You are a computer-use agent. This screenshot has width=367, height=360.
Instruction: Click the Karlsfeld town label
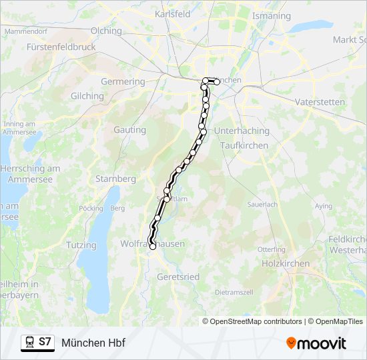173,13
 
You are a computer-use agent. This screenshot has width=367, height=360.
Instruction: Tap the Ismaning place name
272,15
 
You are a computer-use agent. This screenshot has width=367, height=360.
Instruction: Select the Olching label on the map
106,31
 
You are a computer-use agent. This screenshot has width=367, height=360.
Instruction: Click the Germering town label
123,81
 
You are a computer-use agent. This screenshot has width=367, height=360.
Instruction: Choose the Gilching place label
87,96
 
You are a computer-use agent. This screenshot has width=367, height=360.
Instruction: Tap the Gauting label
130,130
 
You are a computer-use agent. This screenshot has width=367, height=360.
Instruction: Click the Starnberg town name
116,179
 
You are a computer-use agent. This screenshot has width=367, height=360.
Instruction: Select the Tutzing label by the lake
81,245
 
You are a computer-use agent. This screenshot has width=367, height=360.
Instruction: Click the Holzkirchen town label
286,263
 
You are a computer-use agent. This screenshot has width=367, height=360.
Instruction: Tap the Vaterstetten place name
320,102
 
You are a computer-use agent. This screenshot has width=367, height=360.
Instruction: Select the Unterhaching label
242,131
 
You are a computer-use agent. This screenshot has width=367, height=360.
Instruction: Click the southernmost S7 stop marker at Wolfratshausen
153,247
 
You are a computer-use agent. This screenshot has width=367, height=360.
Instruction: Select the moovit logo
316,343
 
